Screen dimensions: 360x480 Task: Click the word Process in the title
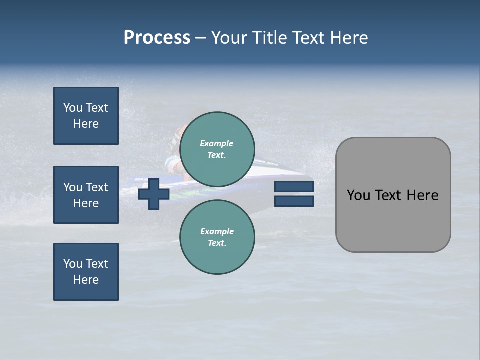[x=157, y=38]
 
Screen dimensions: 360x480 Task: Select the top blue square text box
[x=86, y=116]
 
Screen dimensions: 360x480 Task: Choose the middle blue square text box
[x=86, y=195]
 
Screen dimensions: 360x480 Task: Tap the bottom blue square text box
[x=86, y=272]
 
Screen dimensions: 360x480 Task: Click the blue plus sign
[x=154, y=194]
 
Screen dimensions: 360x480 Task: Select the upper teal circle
[x=217, y=149]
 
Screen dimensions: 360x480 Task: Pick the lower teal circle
[x=217, y=237]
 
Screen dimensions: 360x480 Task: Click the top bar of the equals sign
[x=294, y=187]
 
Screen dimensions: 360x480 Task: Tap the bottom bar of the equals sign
[x=294, y=201]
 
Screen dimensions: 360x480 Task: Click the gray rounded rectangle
[x=393, y=220]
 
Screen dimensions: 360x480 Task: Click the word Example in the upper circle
[x=216, y=143]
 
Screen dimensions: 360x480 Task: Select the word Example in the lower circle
[x=217, y=231]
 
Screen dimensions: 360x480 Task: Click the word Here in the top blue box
[x=86, y=124]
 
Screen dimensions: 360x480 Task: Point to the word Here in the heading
[x=348, y=38]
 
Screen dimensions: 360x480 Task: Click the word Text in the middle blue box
[x=97, y=187]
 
